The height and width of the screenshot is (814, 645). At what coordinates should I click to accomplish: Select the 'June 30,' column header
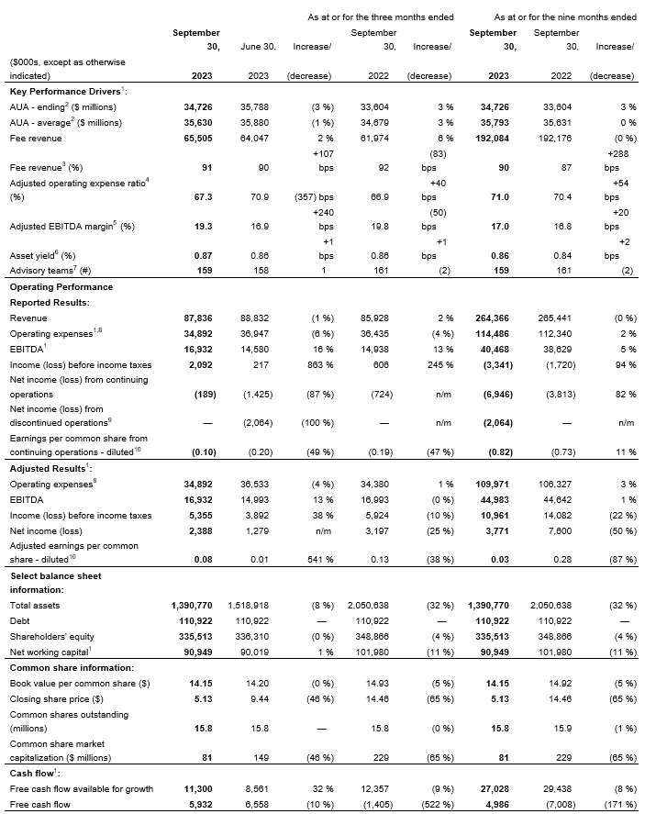tap(259, 46)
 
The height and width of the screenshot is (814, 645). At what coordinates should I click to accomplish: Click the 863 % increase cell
tap(317, 363)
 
